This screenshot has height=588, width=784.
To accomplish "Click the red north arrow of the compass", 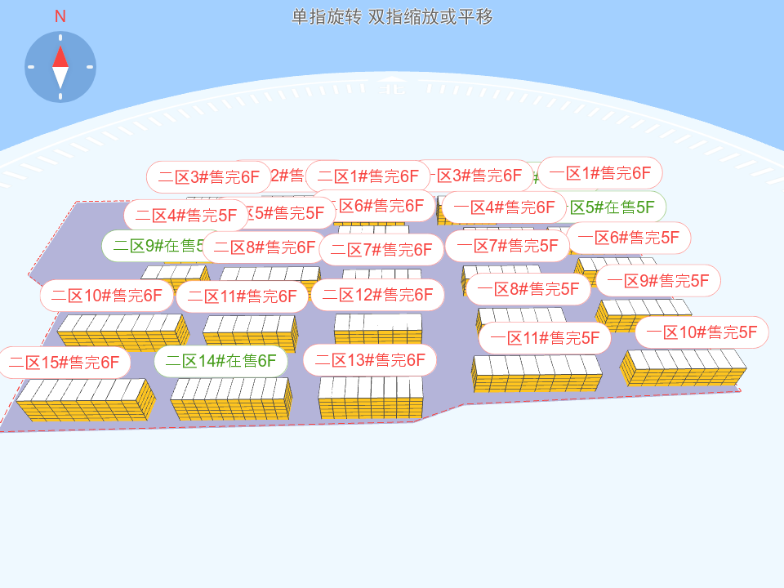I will [x=60, y=56].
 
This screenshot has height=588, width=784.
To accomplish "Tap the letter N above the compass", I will [x=60, y=16].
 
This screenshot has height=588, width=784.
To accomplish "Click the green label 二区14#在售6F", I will [x=220, y=360].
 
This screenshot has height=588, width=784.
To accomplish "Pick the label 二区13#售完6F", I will [x=370, y=359].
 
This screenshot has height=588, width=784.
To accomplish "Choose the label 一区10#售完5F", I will [x=702, y=332].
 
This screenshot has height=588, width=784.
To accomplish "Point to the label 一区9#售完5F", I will [x=658, y=280].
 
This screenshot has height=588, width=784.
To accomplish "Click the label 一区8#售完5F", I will [x=528, y=288].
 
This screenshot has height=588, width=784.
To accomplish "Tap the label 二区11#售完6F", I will [x=242, y=296].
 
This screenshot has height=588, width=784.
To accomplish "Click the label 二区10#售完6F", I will [x=106, y=296].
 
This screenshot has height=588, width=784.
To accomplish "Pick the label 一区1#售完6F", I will [x=599, y=173].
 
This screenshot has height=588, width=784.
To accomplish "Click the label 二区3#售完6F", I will [x=208, y=176].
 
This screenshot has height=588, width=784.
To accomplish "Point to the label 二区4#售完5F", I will [x=185, y=216].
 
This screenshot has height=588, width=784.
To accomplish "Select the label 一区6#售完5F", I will [x=629, y=238].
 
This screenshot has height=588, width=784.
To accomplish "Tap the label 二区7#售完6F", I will [x=381, y=249].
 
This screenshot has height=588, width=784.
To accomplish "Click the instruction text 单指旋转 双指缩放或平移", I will [x=392, y=17].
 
